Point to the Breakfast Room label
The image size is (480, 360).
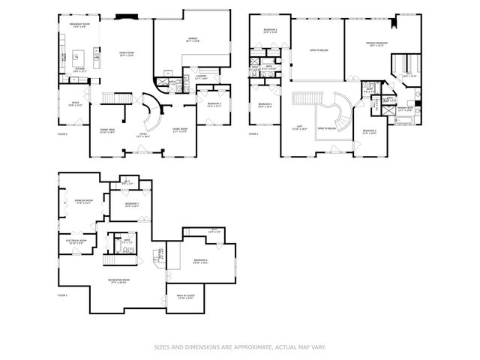(79, 25)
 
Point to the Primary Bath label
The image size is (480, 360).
(405, 110)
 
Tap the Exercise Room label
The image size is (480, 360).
(83, 202)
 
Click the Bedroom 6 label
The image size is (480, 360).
(200, 261)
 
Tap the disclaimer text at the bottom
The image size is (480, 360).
(239, 346)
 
